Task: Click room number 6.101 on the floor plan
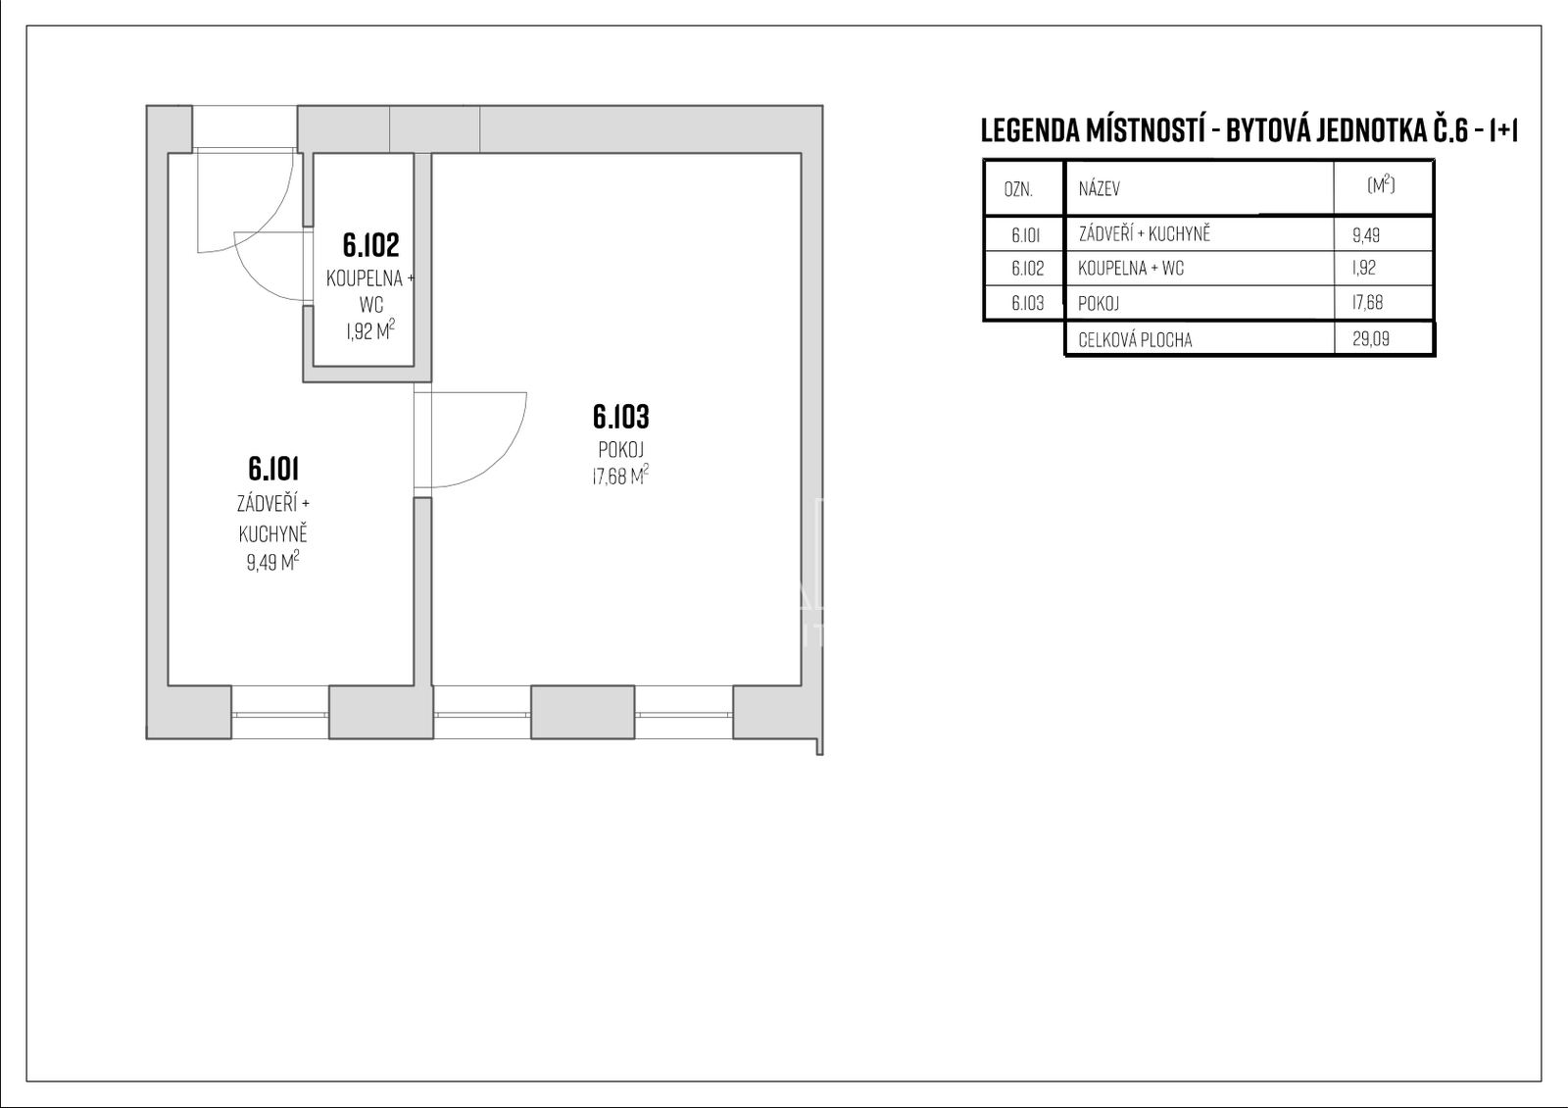(x=273, y=469)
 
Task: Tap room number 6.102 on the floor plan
(x=371, y=244)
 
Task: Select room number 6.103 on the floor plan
(x=621, y=416)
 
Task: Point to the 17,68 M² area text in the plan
(x=620, y=477)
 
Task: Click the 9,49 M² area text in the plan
(x=273, y=562)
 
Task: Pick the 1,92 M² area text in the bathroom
(x=370, y=329)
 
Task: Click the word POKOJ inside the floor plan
(x=621, y=450)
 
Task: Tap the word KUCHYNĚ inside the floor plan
(x=273, y=534)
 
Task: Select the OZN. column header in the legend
(x=1018, y=190)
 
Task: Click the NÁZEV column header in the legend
(x=1099, y=188)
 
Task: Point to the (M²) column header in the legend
(x=1381, y=185)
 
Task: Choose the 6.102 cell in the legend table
(x=1028, y=269)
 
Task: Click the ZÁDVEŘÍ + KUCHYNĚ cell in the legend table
(x=1145, y=233)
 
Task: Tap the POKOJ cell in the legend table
(x=1099, y=303)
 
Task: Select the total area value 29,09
(x=1371, y=339)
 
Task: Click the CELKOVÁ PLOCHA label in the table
(x=1136, y=339)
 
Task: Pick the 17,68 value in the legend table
(x=1368, y=303)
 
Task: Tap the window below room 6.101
(x=280, y=715)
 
